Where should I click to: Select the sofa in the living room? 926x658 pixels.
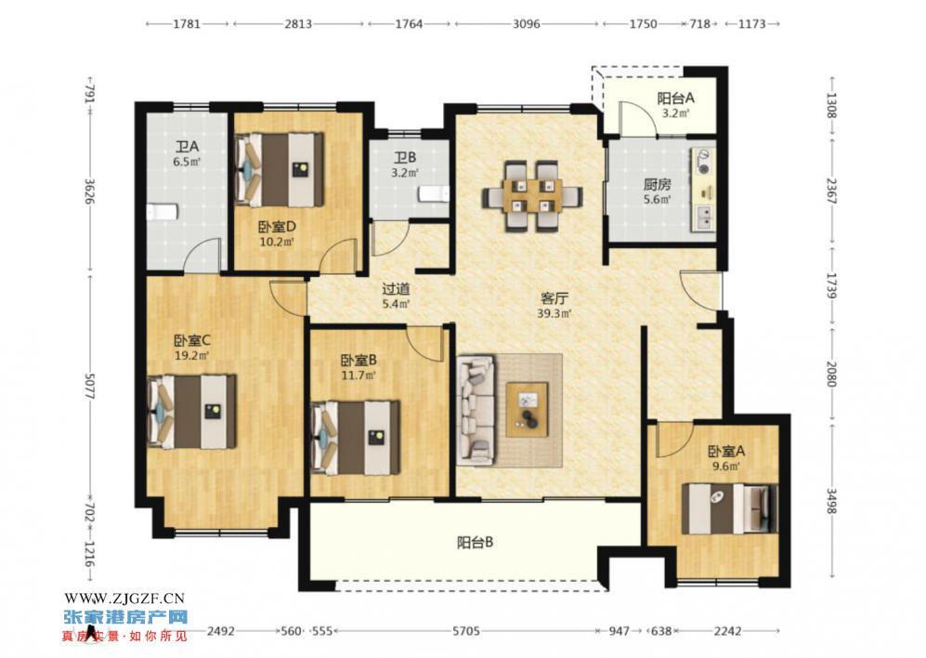(476, 409)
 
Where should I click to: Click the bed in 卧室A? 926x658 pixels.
(729, 508)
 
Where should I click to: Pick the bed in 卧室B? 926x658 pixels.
(355, 438)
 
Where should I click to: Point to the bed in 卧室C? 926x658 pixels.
(191, 412)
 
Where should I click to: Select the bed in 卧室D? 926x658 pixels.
(280, 170)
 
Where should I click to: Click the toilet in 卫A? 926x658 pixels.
(162, 212)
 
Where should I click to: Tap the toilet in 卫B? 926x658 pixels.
(434, 194)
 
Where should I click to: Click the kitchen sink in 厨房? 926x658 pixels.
(705, 217)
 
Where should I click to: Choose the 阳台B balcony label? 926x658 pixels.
(476, 543)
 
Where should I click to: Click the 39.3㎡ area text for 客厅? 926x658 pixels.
(555, 314)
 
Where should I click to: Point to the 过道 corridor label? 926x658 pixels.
(396, 290)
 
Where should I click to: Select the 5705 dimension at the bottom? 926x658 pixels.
(466, 631)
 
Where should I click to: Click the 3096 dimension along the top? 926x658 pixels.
(527, 23)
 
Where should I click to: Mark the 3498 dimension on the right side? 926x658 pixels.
(831, 500)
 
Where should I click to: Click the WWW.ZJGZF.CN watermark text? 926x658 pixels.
(124, 599)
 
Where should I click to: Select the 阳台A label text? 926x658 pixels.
(675, 99)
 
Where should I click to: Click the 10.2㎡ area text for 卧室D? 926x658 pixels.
(277, 242)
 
